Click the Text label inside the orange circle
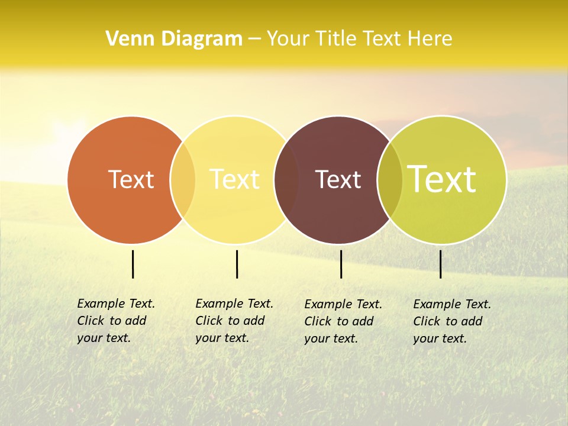131,179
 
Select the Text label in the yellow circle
234,179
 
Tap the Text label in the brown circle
338,179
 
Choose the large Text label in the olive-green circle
442,179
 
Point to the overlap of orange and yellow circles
183,180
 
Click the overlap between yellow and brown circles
286,180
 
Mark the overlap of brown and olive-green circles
390,180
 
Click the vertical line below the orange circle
133,264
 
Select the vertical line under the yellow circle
237,264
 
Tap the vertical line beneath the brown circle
341,264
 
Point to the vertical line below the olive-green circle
440,264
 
